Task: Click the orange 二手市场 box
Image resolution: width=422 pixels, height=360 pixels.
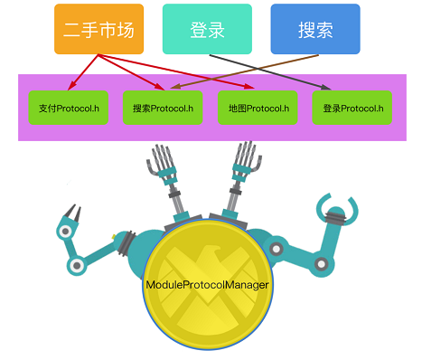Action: coord(98,29)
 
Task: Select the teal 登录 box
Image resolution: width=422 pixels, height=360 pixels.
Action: coord(207,29)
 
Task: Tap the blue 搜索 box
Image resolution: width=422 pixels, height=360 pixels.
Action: coord(315,29)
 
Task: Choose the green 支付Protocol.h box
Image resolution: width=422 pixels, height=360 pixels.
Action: coord(68,107)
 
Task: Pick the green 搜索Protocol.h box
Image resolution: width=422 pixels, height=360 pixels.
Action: coord(162,107)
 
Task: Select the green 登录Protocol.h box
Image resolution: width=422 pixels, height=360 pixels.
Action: coord(352,107)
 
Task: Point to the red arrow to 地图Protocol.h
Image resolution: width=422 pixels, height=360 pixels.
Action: coord(181,74)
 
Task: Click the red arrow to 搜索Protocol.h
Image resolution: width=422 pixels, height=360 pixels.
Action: coord(136,72)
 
